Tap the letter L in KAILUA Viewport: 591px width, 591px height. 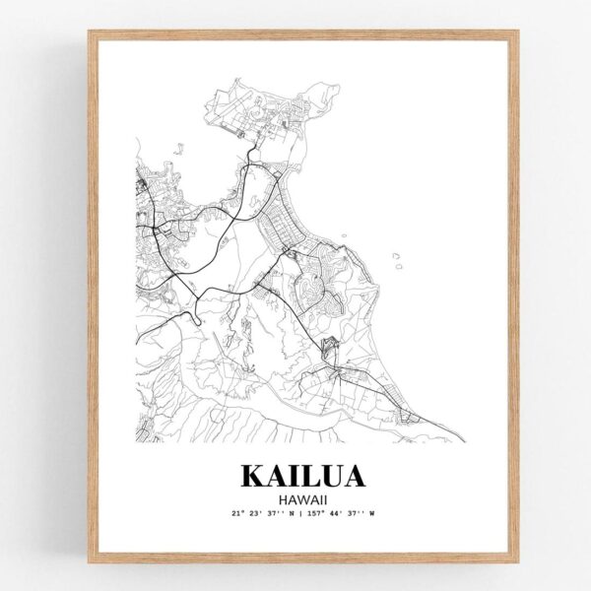pyautogui.click(x=308, y=476)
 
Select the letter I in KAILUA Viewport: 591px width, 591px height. pyautogui.click(x=292, y=476)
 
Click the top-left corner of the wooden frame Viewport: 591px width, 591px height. pyautogui.click(x=91, y=33)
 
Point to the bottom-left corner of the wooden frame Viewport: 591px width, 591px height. pyautogui.click(x=91, y=560)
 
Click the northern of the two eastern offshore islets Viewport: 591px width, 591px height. pyautogui.click(x=396, y=255)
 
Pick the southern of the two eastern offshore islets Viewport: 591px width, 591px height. pyautogui.click(x=399, y=265)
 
